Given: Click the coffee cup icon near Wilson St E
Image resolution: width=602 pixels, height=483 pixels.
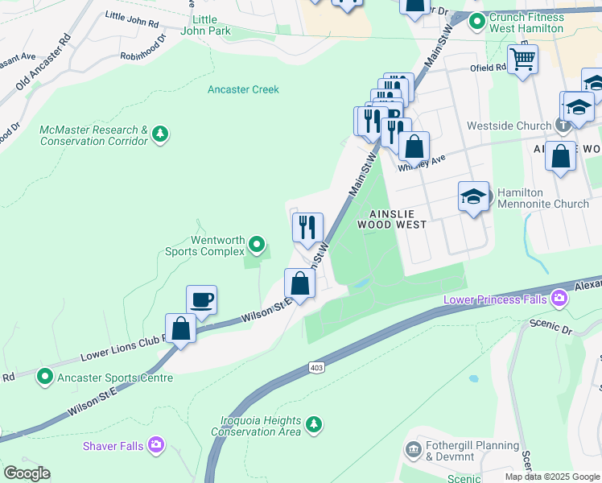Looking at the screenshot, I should tap(201, 299).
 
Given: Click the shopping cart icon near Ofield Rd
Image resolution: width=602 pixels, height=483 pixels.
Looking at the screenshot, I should tap(522, 59).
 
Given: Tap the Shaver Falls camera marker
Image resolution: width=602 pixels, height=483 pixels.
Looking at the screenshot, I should tap(156, 444).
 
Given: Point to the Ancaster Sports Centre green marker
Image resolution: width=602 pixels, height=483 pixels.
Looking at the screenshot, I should tap(44, 376).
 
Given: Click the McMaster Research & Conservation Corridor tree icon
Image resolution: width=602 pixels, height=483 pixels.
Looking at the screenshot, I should tap(161, 133).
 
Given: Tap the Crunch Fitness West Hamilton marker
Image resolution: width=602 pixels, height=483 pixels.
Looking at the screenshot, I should tap(476, 21).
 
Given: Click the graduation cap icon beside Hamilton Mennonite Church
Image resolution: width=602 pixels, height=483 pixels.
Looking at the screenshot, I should tap(473, 196).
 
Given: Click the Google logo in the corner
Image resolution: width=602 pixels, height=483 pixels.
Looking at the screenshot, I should tap(27, 473).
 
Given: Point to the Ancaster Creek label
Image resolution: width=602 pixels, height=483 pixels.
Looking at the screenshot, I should tap(243, 89).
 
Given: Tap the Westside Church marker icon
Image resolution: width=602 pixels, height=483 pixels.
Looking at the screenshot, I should tap(563, 125).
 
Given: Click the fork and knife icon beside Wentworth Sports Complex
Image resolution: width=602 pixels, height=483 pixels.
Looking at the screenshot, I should tap(307, 227).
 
